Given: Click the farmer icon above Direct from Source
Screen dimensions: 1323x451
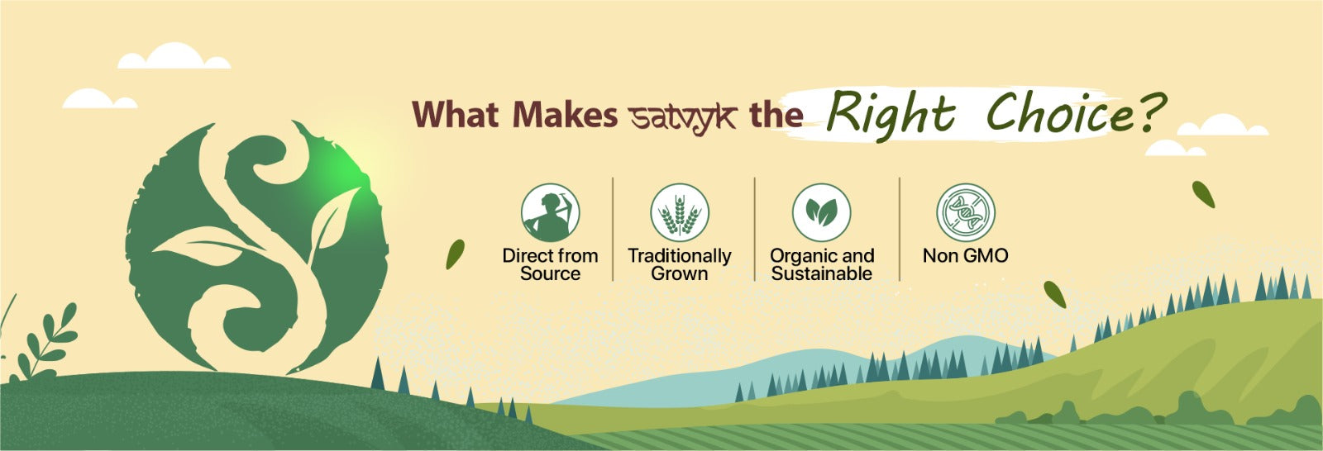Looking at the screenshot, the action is click(x=551, y=212).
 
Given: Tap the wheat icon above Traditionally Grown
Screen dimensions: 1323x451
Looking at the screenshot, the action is click(x=680, y=212).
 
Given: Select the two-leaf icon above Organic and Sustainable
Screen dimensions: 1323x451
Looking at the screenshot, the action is click(x=822, y=212).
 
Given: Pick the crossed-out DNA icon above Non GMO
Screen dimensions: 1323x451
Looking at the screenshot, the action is click(x=966, y=212).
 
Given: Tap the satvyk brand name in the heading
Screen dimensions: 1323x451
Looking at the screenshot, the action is click(x=683, y=117).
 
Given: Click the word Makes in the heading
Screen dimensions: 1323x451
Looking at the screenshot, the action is click(x=566, y=115).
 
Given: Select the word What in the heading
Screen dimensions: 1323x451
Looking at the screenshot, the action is click(x=456, y=115).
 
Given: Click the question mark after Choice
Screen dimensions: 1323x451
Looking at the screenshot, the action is click(x=1152, y=112).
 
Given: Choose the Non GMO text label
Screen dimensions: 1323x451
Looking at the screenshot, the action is click(x=966, y=255).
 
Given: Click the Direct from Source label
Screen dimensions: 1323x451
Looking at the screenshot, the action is click(x=551, y=264).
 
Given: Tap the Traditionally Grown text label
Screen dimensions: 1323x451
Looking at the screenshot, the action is click(x=680, y=264).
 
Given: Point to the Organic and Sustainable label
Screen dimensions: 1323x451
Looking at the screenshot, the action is click(x=822, y=264).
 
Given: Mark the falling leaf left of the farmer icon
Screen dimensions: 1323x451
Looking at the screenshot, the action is click(x=455, y=254).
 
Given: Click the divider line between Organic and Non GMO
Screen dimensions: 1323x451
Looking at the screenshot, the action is click(x=900, y=229).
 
